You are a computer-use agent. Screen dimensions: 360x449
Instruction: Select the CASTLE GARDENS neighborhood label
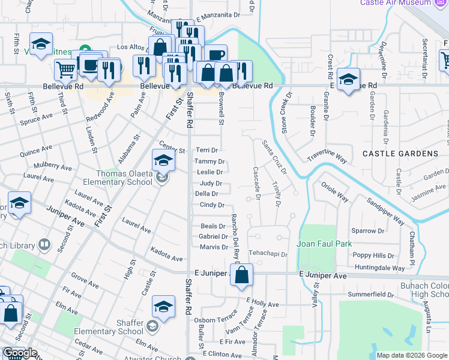click(x=400, y=154)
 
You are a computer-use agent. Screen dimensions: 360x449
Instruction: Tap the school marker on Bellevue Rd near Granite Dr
click(x=348, y=80)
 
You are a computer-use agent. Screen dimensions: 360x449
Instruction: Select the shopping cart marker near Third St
click(x=65, y=69)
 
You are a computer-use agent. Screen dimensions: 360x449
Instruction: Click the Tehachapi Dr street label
click(x=268, y=254)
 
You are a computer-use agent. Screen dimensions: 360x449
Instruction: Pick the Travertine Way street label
click(x=327, y=157)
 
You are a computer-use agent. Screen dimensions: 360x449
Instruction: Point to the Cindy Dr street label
click(x=212, y=205)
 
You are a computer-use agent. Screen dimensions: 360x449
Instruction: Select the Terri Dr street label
click(x=207, y=150)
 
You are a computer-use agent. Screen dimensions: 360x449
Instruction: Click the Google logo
click(x=20, y=353)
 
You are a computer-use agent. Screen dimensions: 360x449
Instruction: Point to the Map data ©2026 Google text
click(x=411, y=355)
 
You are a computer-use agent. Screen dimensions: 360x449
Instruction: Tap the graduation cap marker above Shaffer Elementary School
click(x=163, y=307)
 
